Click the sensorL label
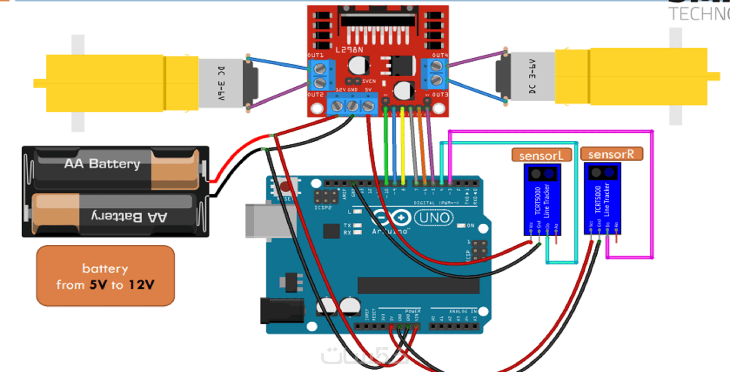(541, 155)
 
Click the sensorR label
(611, 154)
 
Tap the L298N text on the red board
(349, 50)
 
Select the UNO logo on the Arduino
(434, 218)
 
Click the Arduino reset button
(285, 187)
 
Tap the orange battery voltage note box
(105, 276)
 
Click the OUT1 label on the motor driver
(315, 55)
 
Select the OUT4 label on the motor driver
(440, 55)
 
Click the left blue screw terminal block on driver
(320, 75)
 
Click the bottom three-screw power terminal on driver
(352, 105)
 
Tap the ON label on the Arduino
(470, 226)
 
